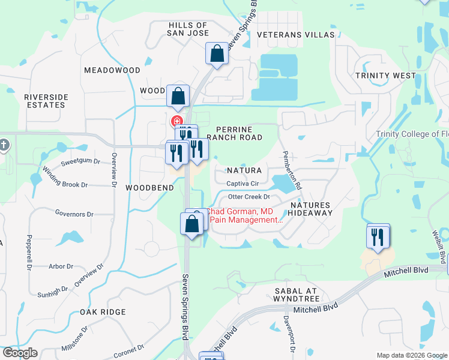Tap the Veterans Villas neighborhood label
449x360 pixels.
(295, 35)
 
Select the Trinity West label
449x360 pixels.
(385, 76)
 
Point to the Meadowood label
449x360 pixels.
(112, 70)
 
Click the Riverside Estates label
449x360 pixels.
(46, 101)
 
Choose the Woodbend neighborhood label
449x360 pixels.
(149, 188)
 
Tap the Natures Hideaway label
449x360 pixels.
(311, 209)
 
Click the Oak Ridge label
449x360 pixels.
(103, 312)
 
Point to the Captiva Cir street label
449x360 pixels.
(243, 184)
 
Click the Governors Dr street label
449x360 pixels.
(74, 214)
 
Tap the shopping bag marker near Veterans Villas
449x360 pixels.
(217, 54)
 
